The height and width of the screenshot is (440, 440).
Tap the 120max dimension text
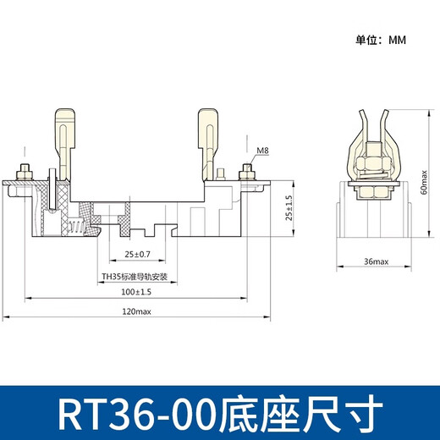point(135,312)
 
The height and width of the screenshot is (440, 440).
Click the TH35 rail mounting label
point(135,277)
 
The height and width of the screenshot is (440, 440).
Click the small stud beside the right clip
point(222,174)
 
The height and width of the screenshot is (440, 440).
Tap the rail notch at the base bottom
point(157,230)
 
